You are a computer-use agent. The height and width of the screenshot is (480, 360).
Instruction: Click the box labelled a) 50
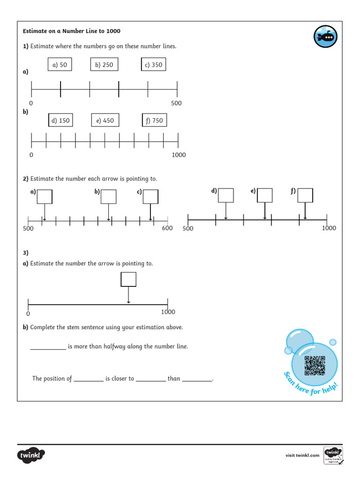60,65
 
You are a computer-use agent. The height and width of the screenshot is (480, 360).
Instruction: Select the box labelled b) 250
104,65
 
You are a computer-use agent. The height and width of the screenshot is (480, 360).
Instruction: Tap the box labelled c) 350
153,65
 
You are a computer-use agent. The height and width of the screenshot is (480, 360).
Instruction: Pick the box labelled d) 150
60,120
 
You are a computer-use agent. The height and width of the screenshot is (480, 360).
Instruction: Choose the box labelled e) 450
105,120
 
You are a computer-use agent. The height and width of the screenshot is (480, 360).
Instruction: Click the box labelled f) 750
154,120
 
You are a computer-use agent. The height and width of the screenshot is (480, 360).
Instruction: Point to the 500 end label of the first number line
176,103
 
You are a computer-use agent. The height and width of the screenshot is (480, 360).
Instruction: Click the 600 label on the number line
167,228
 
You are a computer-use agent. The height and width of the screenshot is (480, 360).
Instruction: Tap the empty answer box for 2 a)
45,196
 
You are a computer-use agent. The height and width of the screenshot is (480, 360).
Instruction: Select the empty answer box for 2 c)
150,196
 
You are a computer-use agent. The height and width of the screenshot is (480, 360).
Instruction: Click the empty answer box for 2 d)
226,195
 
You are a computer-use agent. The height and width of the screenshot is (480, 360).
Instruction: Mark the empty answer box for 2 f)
305,195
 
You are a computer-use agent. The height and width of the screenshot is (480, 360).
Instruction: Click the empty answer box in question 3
128,279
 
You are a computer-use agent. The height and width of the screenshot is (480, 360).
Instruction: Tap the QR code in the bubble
315,366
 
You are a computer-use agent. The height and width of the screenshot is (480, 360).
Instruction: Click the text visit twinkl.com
302,455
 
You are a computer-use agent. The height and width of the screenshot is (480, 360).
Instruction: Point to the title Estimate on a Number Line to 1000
72,31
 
